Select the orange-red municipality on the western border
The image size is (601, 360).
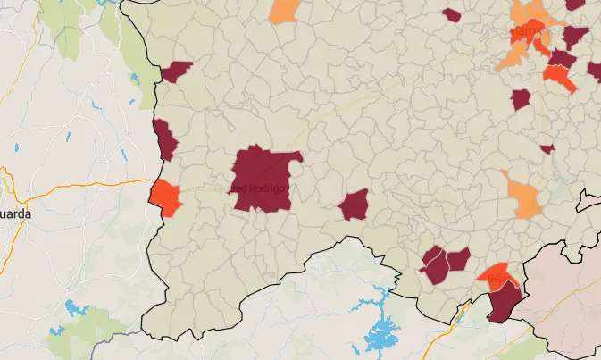pyautogui.click(x=165, y=197)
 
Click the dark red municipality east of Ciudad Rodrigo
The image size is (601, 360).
pyautogui.click(x=355, y=205)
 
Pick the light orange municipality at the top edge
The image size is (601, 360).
pyautogui.click(x=285, y=10)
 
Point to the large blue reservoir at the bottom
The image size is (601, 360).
pyautogui.click(x=382, y=337)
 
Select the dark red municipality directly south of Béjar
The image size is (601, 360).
pyautogui.click(x=505, y=301)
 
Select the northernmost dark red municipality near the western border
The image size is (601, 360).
pyautogui.click(x=177, y=71)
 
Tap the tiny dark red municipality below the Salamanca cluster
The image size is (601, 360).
pyautogui.click(x=547, y=148)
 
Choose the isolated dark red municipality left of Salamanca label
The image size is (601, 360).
pyautogui.click(x=451, y=15)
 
